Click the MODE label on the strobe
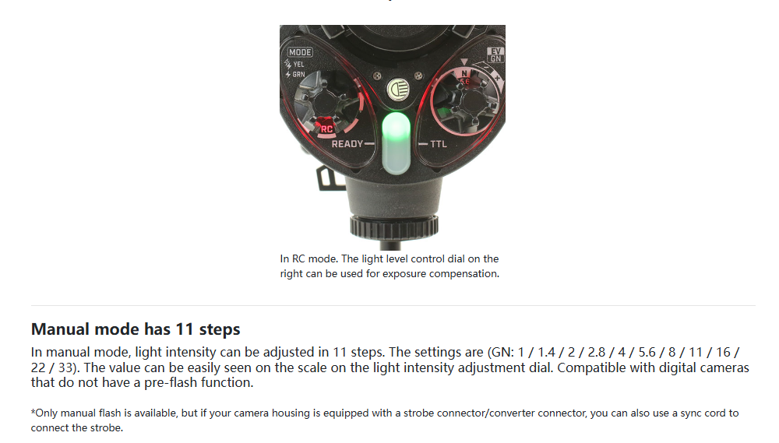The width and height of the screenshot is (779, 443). (300, 52)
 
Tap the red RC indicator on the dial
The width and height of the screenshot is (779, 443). (326, 128)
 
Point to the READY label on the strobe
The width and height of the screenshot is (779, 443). (347, 144)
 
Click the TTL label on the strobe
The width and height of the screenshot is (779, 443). (438, 144)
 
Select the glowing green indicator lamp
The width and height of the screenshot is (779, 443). (396, 143)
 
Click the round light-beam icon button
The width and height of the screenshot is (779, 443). (398, 90)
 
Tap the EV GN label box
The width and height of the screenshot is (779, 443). (495, 55)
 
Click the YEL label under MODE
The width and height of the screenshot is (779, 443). (298, 64)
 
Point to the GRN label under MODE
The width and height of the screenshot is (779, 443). (298, 75)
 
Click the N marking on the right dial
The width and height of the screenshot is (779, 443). (464, 73)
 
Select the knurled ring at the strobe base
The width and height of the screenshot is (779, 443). (394, 227)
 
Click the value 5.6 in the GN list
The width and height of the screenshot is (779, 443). (647, 352)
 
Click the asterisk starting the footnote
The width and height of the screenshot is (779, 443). (33, 412)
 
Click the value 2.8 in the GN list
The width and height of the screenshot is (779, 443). (596, 352)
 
